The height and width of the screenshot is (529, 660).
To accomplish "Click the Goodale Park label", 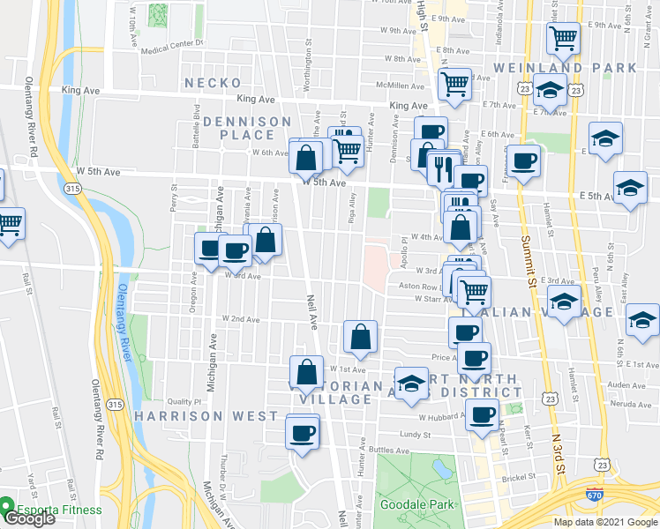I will click(416, 504).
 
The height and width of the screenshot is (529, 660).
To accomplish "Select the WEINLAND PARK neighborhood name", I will click(565, 68).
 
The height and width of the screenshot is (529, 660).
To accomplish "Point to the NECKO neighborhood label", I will click(213, 83).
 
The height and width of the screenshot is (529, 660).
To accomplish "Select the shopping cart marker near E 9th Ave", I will click(562, 38).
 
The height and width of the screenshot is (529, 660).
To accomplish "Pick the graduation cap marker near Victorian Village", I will click(410, 383).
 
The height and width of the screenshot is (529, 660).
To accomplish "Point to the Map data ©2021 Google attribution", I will click(604, 522).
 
